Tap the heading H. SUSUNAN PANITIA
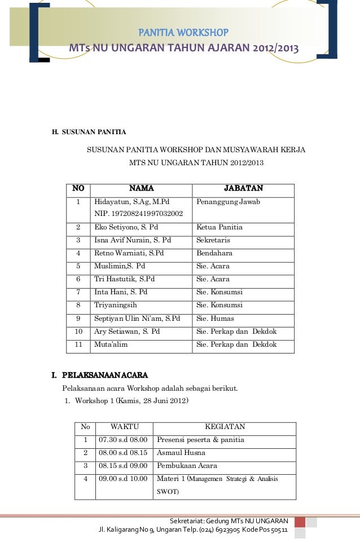point(89,133)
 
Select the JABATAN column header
point(243,188)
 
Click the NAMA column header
point(141,188)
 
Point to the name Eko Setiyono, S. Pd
point(126,227)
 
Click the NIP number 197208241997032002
point(138,214)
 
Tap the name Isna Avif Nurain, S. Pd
point(133,240)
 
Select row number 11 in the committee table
point(79,344)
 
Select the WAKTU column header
point(124,427)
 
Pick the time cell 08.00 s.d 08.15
point(123,453)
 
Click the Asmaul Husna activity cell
point(181,453)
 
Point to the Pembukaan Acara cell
point(187,466)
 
